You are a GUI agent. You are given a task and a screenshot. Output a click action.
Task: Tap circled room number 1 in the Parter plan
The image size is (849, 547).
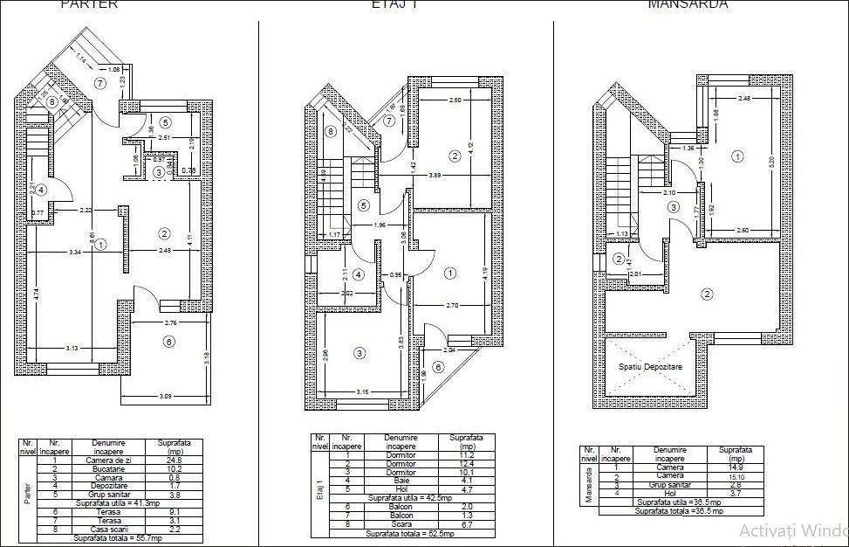(x=101, y=245)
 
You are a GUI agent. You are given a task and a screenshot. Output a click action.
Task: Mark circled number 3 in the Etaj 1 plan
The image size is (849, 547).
(x=359, y=353)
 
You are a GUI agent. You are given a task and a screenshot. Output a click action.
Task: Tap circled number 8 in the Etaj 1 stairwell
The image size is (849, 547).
(x=330, y=132)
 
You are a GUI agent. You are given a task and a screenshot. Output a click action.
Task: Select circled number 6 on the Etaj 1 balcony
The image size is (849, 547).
(x=437, y=367)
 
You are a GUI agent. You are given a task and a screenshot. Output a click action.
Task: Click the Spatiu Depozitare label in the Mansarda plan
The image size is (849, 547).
(x=650, y=368)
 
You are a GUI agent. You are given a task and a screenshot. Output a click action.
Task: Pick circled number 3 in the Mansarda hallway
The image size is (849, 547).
(x=673, y=207)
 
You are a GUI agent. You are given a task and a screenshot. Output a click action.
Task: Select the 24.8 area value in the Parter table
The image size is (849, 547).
(x=175, y=461)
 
